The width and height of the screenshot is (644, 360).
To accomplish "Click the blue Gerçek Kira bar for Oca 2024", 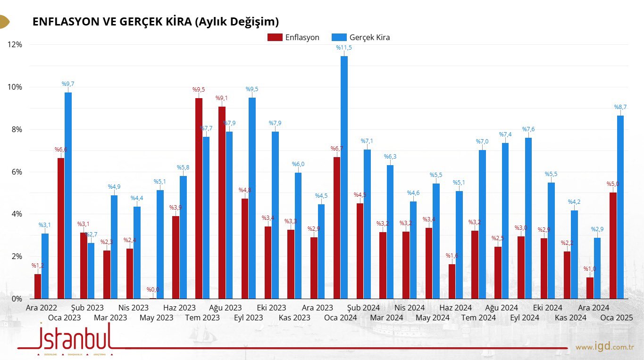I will coord(344,177).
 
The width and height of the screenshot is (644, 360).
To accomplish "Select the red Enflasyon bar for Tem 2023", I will coord(199,198).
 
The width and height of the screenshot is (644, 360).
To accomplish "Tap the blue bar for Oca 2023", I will coord(68,195).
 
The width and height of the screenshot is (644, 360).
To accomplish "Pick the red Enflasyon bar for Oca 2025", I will coord(613,245).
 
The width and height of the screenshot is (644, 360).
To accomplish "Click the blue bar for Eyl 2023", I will coord(252,198).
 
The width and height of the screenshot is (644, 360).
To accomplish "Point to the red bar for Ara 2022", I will coord(38,286).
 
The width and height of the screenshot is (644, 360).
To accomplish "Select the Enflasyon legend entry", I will coord(294,37).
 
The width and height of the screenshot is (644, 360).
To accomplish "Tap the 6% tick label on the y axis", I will coord(16,172).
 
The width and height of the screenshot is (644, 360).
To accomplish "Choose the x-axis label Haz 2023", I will coord(179,308).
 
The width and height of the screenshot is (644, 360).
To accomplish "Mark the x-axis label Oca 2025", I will coord(616,318).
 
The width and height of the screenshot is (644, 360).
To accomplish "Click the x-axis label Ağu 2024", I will coord(502,308).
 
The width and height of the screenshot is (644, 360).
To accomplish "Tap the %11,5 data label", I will coord(344,48).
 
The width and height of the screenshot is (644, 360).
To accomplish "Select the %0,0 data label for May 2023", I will coord(153,290).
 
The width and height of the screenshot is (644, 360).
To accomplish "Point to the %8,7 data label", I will coord(620,107).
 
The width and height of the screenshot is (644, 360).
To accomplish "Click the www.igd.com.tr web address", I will coord(604,347).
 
